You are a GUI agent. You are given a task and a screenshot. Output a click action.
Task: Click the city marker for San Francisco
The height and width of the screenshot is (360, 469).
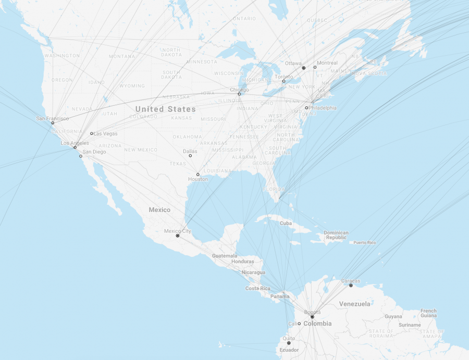[52, 123]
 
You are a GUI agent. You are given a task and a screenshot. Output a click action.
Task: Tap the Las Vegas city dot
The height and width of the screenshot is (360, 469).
[91, 133]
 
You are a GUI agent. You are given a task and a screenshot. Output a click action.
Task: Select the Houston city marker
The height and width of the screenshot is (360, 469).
[198, 175]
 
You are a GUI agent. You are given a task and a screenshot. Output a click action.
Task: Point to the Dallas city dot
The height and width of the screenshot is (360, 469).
[190, 156]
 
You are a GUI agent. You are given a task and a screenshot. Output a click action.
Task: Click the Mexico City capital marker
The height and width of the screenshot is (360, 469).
[177, 235]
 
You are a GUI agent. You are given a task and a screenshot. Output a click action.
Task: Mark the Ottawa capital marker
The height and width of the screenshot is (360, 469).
[303, 68]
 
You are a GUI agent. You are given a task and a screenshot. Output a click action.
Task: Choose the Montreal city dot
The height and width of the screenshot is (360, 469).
[315, 67]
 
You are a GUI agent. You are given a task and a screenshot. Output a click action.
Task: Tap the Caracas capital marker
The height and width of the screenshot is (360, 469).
[351, 285]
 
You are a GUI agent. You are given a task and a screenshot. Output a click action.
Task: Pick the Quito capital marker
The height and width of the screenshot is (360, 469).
[289, 343]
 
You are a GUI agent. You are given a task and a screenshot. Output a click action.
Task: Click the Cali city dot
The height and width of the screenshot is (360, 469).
[299, 324]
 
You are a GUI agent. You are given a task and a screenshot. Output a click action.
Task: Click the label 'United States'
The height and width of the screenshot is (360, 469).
[165, 109]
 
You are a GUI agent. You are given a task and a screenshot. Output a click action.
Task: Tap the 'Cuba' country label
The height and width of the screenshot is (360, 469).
[286, 224]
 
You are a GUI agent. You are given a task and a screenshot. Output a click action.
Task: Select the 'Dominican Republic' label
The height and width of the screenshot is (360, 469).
[336, 235]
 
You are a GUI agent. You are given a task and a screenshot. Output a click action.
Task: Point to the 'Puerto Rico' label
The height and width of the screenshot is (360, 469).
[364, 243]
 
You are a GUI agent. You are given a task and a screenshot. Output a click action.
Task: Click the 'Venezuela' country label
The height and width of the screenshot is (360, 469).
[354, 304]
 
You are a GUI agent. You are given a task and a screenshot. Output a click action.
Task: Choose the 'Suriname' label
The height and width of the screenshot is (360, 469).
[409, 325]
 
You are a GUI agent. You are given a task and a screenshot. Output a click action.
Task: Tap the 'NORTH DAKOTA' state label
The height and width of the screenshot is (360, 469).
[171, 52]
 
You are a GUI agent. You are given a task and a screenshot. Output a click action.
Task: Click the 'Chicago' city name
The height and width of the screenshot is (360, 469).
[239, 90]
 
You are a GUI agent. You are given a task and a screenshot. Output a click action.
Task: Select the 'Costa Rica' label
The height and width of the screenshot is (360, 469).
[257, 289]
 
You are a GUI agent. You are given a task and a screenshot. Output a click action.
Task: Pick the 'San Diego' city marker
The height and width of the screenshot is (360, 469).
[81, 156]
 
